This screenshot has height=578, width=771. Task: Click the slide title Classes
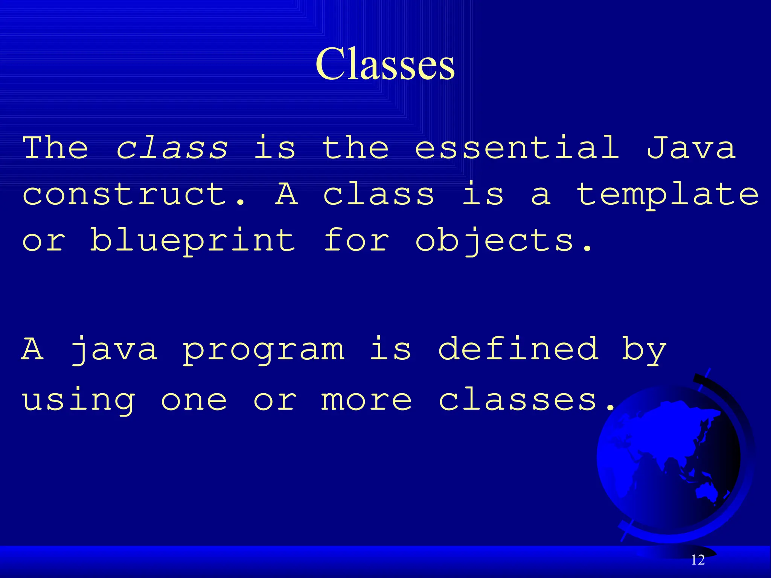pyautogui.click(x=385, y=64)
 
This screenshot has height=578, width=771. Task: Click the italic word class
pyautogui.click(x=172, y=148)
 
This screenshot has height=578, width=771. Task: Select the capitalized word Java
pyautogui.click(x=691, y=148)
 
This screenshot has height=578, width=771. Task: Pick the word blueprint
pyautogui.click(x=192, y=241)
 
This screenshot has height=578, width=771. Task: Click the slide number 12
pyautogui.click(x=698, y=560)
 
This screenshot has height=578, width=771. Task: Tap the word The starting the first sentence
pyautogui.click(x=55, y=148)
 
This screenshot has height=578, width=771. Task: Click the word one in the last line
pyautogui.click(x=194, y=400)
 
